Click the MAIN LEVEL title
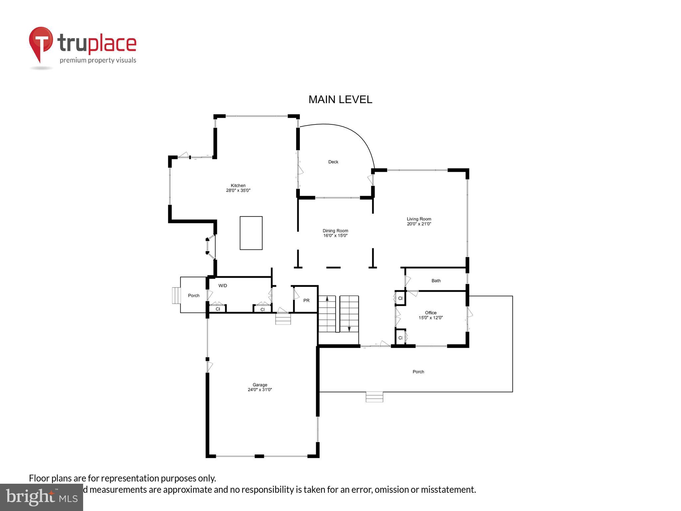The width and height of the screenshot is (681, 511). pos(340,99)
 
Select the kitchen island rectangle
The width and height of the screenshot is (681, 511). pos(251,233)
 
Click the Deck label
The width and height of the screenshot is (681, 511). pos(333,162)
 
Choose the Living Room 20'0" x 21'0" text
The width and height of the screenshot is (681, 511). pos(419,221)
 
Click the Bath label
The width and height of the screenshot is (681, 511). pos(436,281)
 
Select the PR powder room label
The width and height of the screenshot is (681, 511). pos(306,300)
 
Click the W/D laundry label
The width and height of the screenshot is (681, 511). pos(223,286)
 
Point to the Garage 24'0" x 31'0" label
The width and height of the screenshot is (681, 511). pos(260,387)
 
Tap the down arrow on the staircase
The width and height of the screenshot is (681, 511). pos(349,328)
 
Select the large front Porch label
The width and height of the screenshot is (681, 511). pos(418,372)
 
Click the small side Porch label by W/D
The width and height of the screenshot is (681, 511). pos(194,295)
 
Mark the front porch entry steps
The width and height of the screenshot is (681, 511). pos(374,397)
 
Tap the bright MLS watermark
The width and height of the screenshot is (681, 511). pos(42,497)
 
